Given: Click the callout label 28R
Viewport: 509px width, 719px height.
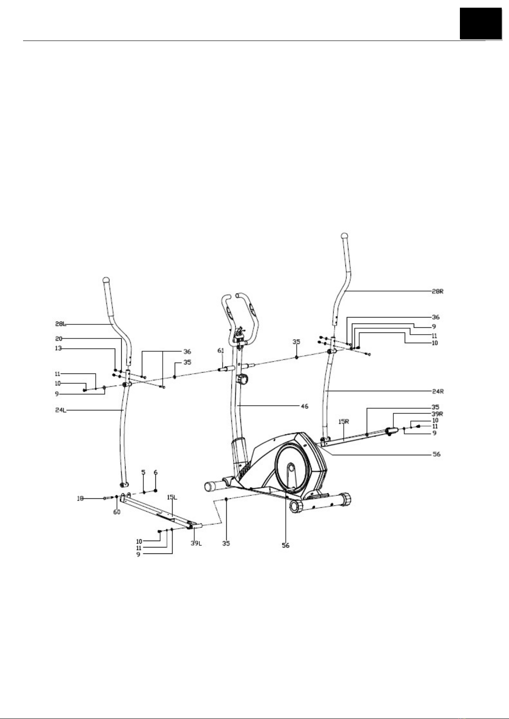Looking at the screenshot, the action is coord(438,291).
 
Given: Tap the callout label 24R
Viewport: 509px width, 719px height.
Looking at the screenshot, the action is coord(438,390).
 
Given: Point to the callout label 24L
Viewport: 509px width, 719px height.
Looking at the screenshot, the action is coord(60,411).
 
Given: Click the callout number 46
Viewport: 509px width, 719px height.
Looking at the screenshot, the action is coord(304,406).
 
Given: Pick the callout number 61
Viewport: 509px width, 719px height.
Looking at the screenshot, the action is coord(220,351).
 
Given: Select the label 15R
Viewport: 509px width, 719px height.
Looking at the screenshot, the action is coord(344,422).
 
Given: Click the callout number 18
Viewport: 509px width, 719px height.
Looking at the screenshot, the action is coord(80,498).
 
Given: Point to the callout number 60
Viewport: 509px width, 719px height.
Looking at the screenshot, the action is coord(117,512).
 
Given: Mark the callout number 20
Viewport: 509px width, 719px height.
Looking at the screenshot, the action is coord(58,339).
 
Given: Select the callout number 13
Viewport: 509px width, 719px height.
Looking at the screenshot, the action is coord(58,348).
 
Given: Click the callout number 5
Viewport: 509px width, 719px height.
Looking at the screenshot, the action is coord(143,472).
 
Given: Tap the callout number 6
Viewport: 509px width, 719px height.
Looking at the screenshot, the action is coord(155,472).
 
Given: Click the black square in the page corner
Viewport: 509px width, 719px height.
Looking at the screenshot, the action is coord(480,23).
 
